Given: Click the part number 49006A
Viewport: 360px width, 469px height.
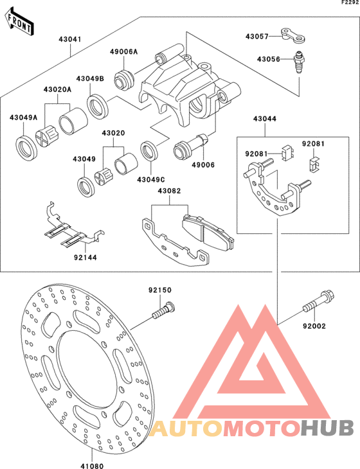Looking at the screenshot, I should (123, 52).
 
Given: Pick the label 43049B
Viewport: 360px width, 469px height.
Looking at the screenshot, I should (90, 78).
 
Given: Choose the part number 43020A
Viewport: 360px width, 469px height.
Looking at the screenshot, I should (57, 90).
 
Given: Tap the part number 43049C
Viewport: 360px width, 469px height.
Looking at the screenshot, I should (150, 179).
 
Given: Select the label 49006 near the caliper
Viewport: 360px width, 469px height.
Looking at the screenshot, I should (203, 165).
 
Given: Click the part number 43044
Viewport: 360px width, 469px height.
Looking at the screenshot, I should (265, 119).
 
